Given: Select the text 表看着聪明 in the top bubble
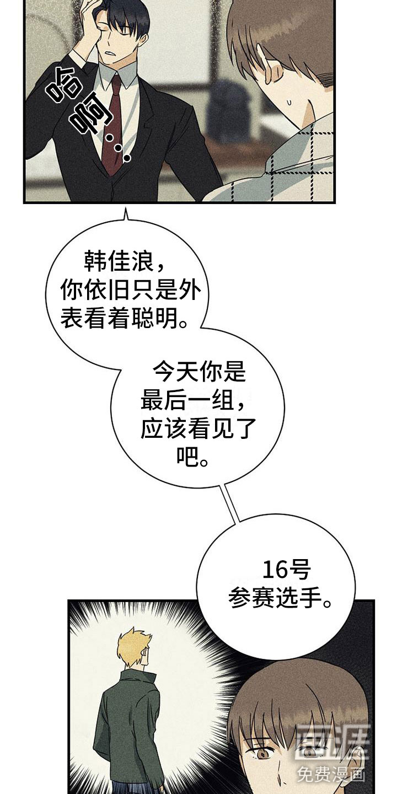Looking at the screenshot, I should [122, 319].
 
